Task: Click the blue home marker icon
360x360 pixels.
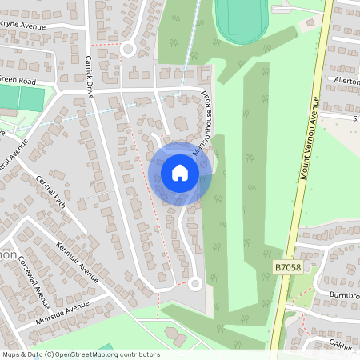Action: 180,173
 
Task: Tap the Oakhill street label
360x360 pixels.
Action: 345,345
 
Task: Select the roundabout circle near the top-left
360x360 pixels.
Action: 127,49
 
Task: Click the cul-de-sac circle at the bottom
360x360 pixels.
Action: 194,282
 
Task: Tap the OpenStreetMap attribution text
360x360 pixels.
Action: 80,354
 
